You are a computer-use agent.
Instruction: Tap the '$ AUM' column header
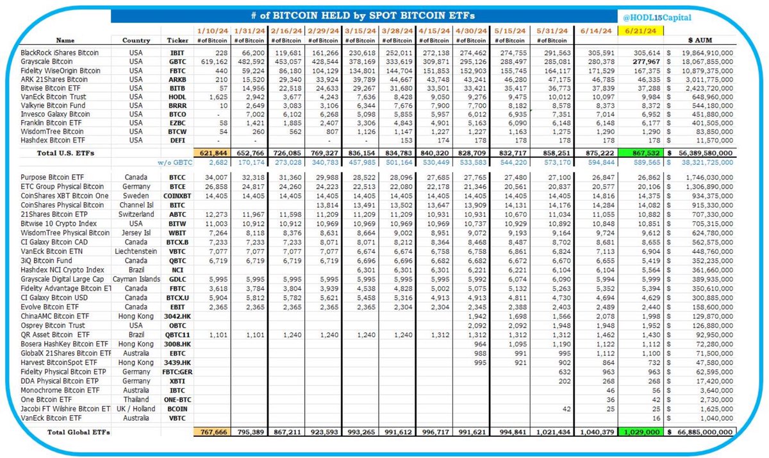(x=704, y=40)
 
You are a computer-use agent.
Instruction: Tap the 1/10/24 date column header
(x=211, y=30)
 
